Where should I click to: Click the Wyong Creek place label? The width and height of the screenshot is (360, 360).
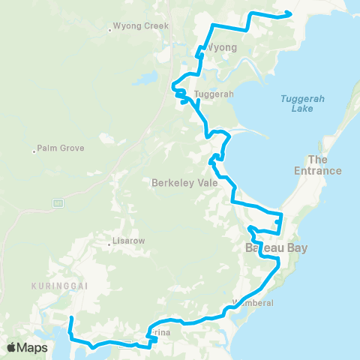[x=142, y=26]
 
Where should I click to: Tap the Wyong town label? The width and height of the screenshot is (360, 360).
[x=221, y=47]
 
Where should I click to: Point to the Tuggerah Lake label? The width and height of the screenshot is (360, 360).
[x=299, y=103]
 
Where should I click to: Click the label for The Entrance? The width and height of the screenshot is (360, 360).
[x=325, y=165]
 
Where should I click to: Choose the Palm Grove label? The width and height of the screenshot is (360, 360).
[x=61, y=148]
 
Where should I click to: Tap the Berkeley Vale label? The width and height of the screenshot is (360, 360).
[x=184, y=182]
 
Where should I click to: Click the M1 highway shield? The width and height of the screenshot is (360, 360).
[x=57, y=203]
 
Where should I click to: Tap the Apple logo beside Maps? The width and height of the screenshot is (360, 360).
[x=12, y=347]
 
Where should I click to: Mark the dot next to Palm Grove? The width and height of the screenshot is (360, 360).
[x=34, y=152]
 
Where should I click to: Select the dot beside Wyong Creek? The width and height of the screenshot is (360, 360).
[x=110, y=30]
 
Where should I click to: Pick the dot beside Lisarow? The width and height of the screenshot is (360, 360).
[x=109, y=241]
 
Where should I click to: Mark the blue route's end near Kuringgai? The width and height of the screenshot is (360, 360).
[x=70, y=319]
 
